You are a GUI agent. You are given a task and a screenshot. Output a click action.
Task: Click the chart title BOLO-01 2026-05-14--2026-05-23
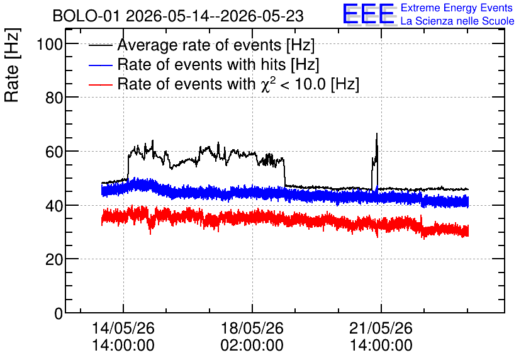click(178, 16)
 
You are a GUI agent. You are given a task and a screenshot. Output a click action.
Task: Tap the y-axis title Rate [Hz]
click(12, 65)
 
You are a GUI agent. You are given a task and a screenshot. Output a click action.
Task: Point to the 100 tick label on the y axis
click(50, 44)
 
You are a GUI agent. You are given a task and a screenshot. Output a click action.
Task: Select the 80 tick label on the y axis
click(54, 98)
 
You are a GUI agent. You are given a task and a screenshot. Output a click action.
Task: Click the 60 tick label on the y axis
click(54, 152)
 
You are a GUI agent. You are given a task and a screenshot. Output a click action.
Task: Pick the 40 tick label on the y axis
click(54, 205)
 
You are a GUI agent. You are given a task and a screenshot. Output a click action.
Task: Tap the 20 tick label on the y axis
click(54, 259)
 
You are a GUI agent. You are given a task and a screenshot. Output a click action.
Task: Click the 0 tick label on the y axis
click(59, 313)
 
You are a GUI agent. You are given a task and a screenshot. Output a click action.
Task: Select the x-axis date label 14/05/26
click(123, 328)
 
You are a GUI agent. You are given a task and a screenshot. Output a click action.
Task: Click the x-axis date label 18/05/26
click(252, 328)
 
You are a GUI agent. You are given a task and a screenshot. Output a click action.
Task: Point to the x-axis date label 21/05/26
click(381, 328)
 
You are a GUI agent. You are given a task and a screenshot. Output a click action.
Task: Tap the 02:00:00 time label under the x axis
click(252, 345)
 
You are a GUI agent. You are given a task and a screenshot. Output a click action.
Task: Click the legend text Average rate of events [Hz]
click(216, 45)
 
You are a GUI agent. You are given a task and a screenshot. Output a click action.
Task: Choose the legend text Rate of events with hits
click(201, 64)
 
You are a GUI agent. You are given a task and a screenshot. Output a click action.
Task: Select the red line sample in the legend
click(100, 84)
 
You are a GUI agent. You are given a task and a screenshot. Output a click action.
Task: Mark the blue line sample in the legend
click(100, 65)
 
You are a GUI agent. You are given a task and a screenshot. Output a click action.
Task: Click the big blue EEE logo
click(369, 14)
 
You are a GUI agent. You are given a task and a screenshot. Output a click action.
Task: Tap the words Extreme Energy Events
click(457, 8)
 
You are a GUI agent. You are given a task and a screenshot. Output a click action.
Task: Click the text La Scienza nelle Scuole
click(457, 21)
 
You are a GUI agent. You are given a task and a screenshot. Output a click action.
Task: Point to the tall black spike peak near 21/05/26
click(377, 133)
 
